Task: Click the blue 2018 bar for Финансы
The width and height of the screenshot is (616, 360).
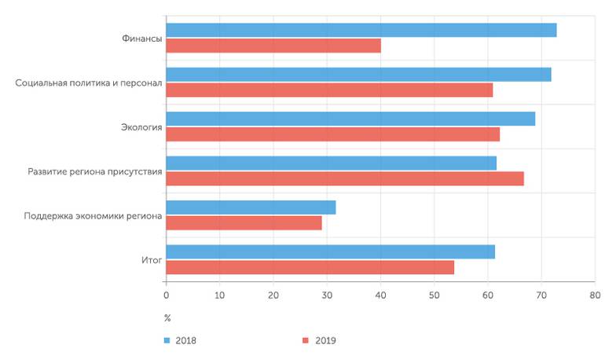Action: pyautogui.click(x=361, y=31)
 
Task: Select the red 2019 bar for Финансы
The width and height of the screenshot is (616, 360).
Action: pyautogui.click(x=273, y=46)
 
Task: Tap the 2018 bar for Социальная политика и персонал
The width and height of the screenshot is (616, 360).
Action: pyautogui.click(x=358, y=75)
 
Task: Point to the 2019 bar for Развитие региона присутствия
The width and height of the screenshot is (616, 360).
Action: pyautogui.click(x=345, y=178)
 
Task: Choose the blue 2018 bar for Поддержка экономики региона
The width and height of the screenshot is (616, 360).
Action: pyautogui.click(x=251, y=208)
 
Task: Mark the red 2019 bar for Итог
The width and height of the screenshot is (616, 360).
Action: pyautogui.click(x=310, y=267)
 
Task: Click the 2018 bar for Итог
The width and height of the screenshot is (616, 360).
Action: pyautogui.click(x=330, y=252)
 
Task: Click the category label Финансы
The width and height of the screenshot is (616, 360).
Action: pyautogui.click(x=142, y=39)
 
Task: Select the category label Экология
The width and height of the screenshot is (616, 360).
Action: pyautogui.click(x=142, y=127)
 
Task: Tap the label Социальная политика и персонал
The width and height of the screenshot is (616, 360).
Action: pyautogui.click(x=89, y=83)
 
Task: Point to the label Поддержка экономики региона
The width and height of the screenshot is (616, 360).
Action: pyautogui.click(x=93, y=215)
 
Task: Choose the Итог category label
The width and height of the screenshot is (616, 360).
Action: pyautogui.click(x=152, y=259)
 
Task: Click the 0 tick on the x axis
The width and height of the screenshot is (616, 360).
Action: pyautogui.click(x=166, y=296)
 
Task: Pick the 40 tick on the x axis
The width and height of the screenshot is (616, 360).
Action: pyautogui.click(x=380, y=296)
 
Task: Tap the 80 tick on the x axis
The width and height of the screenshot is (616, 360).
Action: pyautogui.click(x=595, y=296)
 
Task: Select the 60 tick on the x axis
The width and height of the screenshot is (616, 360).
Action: pyautogui.click(x=487, y=296)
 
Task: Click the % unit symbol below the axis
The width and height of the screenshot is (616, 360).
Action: pyautogui.click(x=167, y=318)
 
